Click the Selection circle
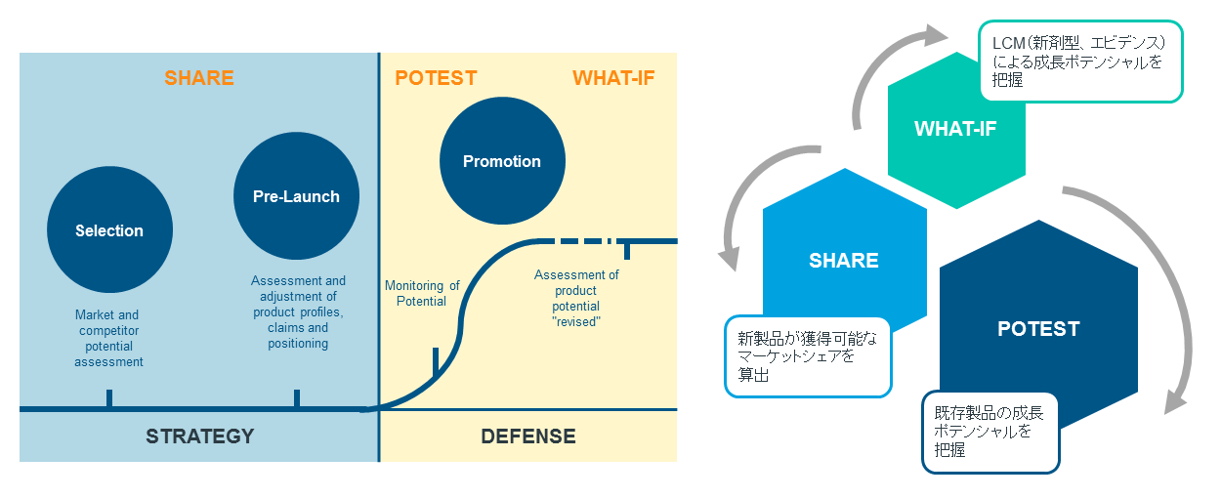109,230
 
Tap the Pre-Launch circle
296,196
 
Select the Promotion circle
501,161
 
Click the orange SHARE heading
199,78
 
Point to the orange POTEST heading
436,78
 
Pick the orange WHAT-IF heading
613,78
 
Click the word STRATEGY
199,436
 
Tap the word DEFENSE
528,436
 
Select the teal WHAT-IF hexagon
955,129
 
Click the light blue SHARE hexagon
843,260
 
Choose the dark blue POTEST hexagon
1037,328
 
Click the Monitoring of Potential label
422,293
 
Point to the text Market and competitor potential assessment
108,338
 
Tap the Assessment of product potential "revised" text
576,298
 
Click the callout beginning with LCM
1079,61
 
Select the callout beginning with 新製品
808,356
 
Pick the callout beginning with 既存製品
990,432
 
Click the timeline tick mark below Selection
109,398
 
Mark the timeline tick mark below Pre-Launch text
297,398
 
